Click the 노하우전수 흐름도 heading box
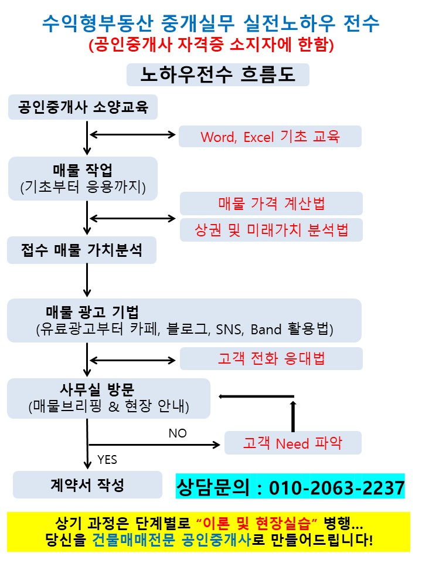[217, 76]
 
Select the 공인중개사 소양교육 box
[83, 108]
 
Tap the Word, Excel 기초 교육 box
[270, 137]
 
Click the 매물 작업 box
[83, 178]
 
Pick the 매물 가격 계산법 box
[271, 204]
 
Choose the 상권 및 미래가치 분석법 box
[271, 230]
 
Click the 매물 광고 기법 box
[184, 320]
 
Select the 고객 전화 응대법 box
[271, 358]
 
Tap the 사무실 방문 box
[108, 398]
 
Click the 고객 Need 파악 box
[293, 443]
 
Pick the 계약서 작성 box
[87, 485]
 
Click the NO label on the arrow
[177, 433]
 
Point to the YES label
[107, 459]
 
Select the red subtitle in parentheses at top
[211, 45]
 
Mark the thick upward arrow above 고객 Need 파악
[293, 415]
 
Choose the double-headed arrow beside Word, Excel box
[132, 136]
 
